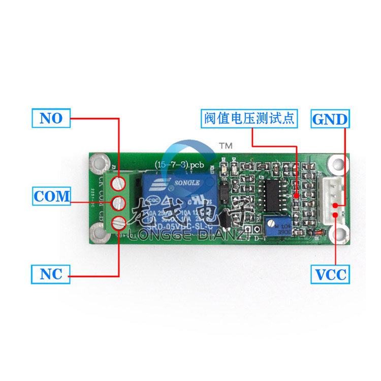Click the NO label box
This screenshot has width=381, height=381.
point(51,118)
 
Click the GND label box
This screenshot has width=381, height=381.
point(330,119)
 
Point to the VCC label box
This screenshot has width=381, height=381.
point(330,275)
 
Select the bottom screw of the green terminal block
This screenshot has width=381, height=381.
point(118,222)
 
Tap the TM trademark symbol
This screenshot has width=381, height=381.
point(225,146)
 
